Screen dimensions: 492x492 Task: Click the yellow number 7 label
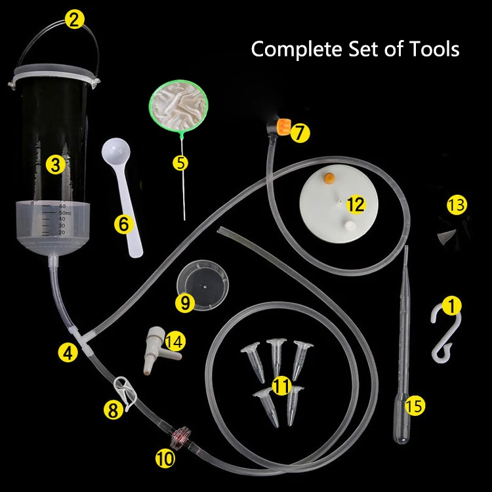pyautogui.click(x=300, y=133)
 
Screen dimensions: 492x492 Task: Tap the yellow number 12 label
pyautogui.click(x=356, y=205)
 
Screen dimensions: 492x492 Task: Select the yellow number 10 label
pyautogui.click(x=165, y=459)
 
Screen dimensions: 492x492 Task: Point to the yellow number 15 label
pyautogui.click(x=415, y=406)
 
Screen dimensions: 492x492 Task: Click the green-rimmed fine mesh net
pyautogui.click(x=178, y=106)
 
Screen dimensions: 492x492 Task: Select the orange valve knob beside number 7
pyautogui.click(x=283, y=126)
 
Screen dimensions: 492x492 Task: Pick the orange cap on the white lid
pyautogui.click(x=329, y=178)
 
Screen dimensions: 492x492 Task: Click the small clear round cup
pyautogui.click(x=203, y=285)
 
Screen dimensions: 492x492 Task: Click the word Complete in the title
pyautogui.click(x=297, y=50)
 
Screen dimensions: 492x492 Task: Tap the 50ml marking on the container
pyautogui.click(x=65, y=213)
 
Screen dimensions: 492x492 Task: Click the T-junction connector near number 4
pyautogui.click(x=81, y=339)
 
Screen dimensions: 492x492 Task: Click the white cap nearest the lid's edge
pyautogui.click(x=349, y=225)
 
